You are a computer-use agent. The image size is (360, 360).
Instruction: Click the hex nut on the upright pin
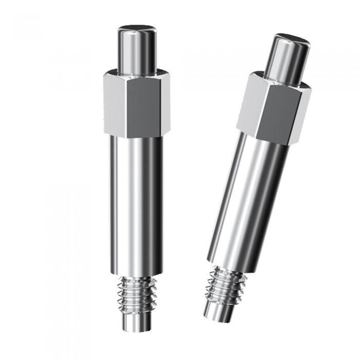coord(136,105)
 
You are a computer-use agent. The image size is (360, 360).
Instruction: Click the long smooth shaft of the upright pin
coord(136,206)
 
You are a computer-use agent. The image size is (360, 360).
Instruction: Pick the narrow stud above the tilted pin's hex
coord(289,59)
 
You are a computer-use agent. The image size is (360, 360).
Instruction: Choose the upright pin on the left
coord(136,180)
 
